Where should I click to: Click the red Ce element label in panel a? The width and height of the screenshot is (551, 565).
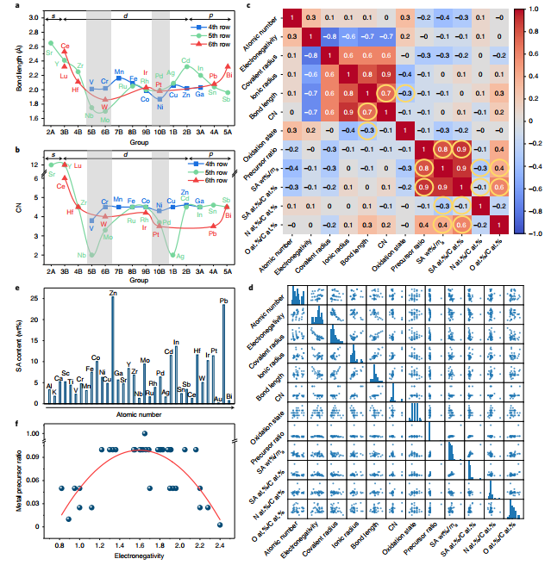point(66,45)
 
